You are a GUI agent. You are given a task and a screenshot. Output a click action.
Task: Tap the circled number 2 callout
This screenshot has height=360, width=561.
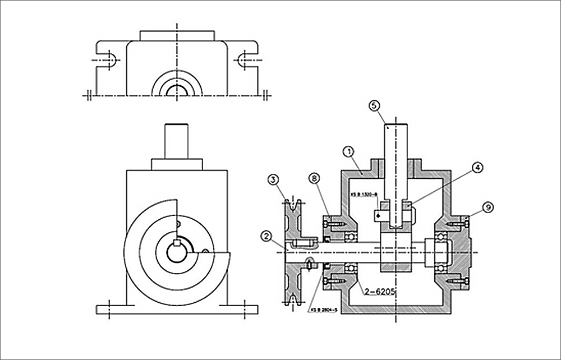pos(267,236)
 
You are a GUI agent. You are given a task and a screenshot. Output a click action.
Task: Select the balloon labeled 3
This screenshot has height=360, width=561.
pos(273,180)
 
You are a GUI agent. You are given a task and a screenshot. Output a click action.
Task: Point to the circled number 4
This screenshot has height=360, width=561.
pos(476,167)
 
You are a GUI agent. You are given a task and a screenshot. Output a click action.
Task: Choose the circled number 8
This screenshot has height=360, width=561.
pos(314,179)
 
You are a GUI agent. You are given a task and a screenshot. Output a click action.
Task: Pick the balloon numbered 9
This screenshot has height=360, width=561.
pos(489,207)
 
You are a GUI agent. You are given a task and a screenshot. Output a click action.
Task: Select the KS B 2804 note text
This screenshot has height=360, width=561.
pos(323,308)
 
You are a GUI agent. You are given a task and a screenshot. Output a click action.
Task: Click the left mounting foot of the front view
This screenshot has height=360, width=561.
pos(112,308)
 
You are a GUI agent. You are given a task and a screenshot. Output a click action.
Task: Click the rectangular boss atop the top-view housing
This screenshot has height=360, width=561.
pos(177,35)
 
